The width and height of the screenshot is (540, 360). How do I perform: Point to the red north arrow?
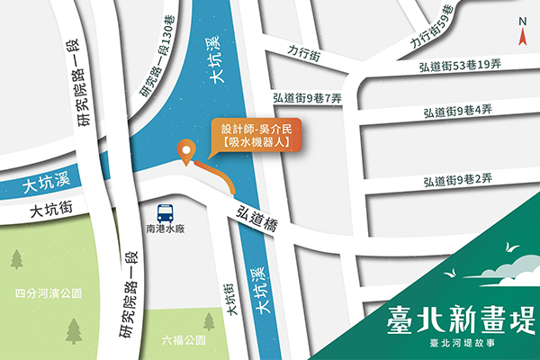click(x=522, y=36)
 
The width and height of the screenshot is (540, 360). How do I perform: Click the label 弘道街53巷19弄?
click(x=459, y=66)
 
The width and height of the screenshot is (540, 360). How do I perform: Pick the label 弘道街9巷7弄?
click(x=306, y=96)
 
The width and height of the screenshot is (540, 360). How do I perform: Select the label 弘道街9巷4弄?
click(x=458, y=112)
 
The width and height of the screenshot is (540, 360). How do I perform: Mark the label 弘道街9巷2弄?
click(x=458, y=179)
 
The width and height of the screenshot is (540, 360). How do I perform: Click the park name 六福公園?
click(x=184, y=341)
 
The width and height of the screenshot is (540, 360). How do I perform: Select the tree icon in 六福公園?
click(x=209, y=320)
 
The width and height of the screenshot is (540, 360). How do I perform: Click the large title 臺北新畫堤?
click(x=460, y=318)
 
